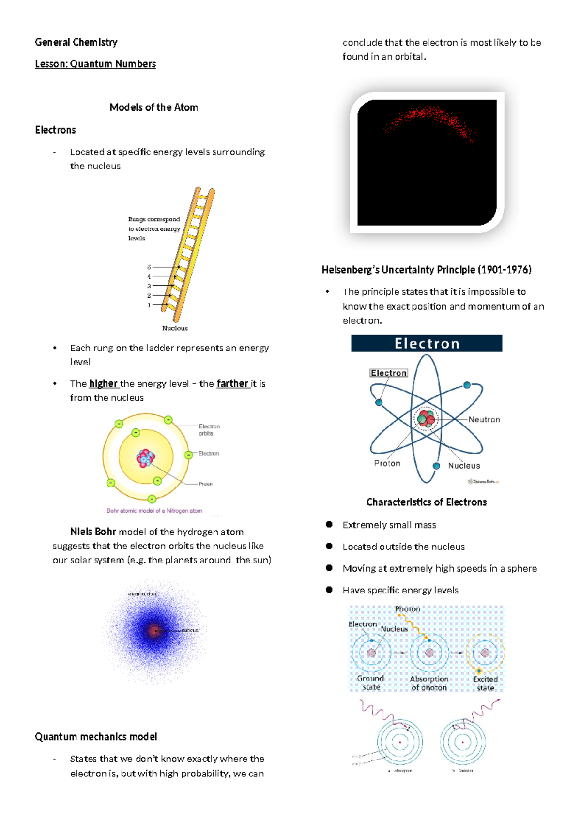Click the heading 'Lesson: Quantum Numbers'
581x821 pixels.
pyautogui.click(x=95, y=64)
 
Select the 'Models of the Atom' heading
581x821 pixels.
pyautogui.click(x=153, y=107)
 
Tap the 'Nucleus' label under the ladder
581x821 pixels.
pyautogui.click(x=175, y=328)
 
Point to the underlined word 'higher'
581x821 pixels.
pyautogui.click(x=103, y=384)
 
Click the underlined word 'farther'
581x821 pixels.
pyautogui.click(x=232, y=384)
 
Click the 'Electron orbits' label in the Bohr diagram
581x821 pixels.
pyautogui.click(x=209, y=430)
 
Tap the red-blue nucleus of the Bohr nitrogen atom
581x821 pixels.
pyautogui.click(x=145, y=457)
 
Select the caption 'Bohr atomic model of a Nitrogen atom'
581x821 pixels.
pyautogui.click(x=154, y=511)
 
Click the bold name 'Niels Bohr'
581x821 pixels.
pyautogui.click(x=93, y=532)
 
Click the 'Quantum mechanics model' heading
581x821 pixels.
pyautogui.click(x=96, y=737)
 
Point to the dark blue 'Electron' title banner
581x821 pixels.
pyautogui.click(x=427, y=344)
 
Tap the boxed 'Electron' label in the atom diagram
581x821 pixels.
pyautogui.click(x=389, y=373)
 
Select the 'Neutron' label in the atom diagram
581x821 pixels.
pyautogui.click(x=484, y=420)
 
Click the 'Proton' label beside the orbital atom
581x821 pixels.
pyautogui.click(x=387, y=463)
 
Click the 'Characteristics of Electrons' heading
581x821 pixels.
pyautogui.click(x=427, y=502)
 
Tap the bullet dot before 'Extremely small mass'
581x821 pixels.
pyautogui.click(x=329, y=524)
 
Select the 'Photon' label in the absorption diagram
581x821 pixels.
pyautogui.click(x=408, y=609)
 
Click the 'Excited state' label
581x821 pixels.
pyautogui.click(x=485, y=684)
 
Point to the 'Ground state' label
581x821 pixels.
pyautogui.click(x=371, y=683)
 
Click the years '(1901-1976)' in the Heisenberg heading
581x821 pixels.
pyautogui.click(x=505, y=270)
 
